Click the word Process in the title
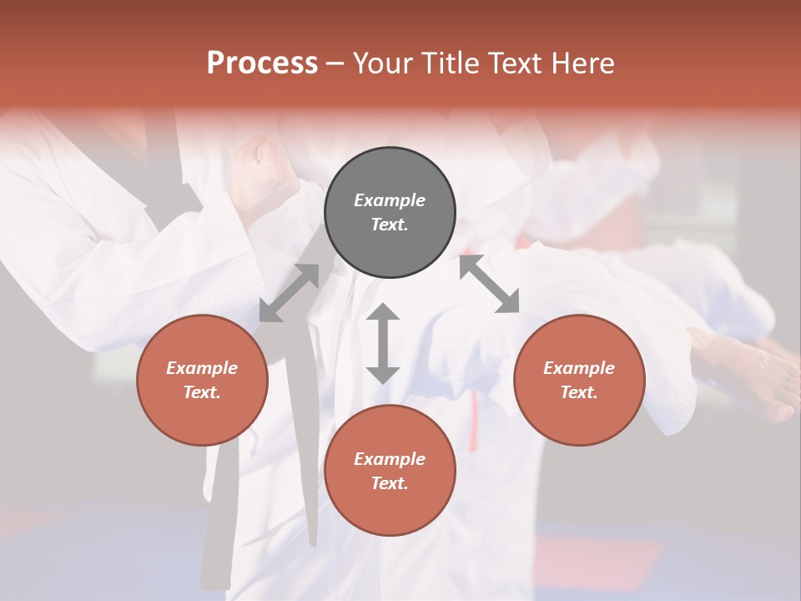[262, 63]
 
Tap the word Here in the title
[582, 63]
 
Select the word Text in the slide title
[516, 63]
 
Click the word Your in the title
[385, 63]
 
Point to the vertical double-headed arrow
[383, 343]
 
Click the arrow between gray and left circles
[289, 292]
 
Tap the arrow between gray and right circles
[489, 285]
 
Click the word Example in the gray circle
[390, 200]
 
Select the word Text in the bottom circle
[390, 483]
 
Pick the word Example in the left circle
[202, 368]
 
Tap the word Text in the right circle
[579, 392]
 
